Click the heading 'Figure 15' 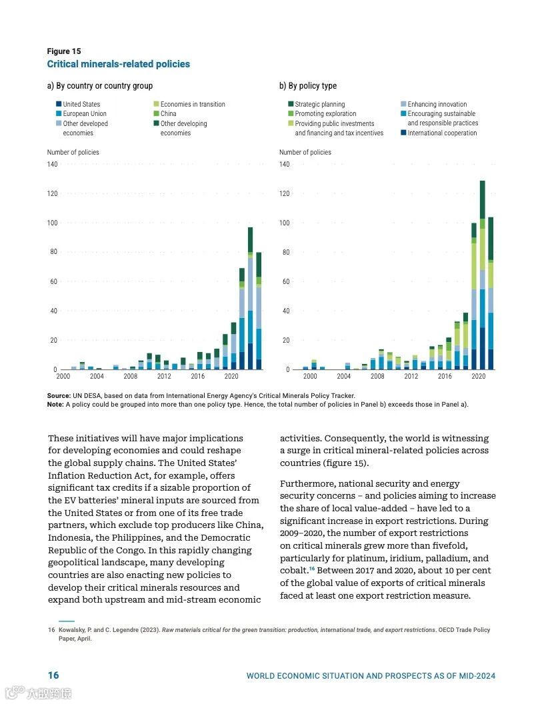click(x=64, y=51)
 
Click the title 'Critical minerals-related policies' click(x=118, y=64)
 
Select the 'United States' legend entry click(x=81, y=104)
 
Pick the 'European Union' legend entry click(x=85, y=114)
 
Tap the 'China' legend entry click(x=168, y=114)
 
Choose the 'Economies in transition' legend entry click(x=193, y=104)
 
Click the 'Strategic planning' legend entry click(x=320, y=104)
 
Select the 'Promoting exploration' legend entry click(x=325, y=114)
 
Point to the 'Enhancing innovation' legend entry click(x=437, y=104)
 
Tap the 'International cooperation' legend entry click(x=442, y=133)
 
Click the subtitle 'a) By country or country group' click(x=100, y=86)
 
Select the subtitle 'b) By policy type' click(x=308, y=86)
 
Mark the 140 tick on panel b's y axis click(x=285, y=164)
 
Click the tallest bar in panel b click(x=482, y=273)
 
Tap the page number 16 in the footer click(x=53, y=675)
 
